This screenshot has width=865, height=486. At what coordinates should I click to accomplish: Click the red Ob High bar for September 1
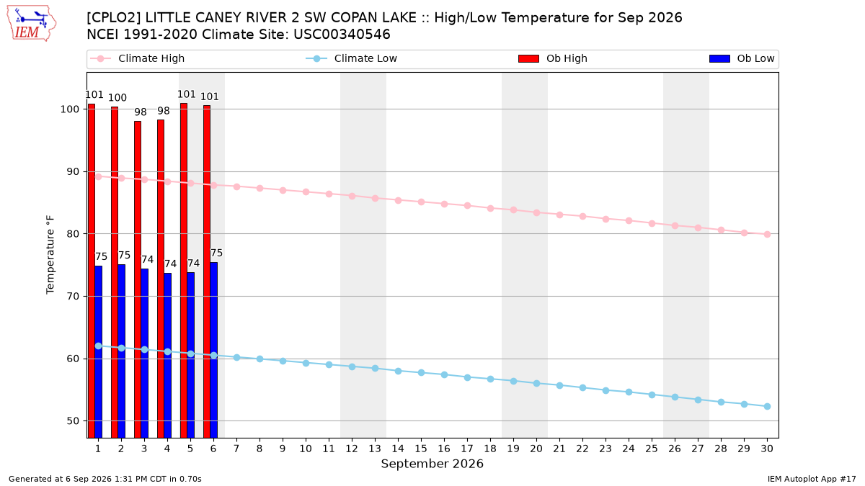(92, 271)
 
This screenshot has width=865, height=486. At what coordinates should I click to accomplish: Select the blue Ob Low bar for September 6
(213, 350)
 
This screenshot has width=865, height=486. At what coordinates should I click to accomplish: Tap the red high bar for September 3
(138, 279)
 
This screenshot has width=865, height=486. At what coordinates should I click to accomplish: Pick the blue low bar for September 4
(167, 356)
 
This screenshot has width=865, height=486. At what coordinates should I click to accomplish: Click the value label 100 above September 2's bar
(117, 98)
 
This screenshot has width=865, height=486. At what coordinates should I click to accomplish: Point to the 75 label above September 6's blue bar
(216, 253)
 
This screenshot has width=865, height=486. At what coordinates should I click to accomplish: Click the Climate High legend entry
(138, 58)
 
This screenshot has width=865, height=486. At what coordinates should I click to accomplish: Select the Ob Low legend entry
(742, 58)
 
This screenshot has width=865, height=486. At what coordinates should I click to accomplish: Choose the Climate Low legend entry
(352, 58)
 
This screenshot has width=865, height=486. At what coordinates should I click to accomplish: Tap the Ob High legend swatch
(528, 58)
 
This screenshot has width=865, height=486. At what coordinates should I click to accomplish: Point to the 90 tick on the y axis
(73, 171)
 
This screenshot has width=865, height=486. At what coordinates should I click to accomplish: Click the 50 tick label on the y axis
(73, 420)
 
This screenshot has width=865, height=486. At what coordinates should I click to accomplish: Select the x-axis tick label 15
(421, 449)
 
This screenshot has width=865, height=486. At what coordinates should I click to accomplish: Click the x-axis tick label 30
(767, 449)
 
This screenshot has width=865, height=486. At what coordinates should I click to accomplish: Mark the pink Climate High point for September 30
(767, 234)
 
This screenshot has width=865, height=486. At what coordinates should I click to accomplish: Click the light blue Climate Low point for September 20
(536, 383)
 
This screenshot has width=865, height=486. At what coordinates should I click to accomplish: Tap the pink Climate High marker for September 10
(306, 192)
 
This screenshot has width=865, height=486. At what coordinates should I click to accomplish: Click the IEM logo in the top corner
(32, 24)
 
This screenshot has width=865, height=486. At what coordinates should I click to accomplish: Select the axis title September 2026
(432, 464)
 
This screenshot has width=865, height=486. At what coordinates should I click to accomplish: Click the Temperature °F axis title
(50, 255)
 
